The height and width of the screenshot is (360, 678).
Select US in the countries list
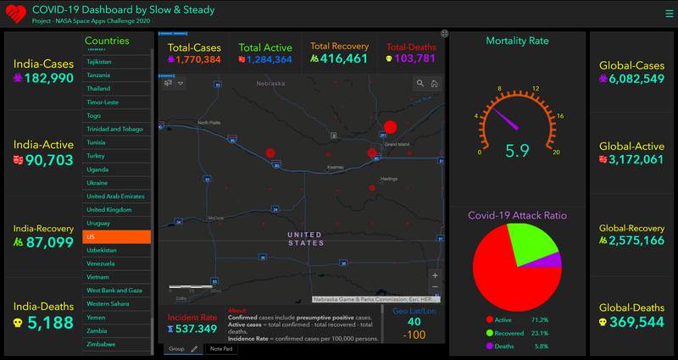tap(116, 236)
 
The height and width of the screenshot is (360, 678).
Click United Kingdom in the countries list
tap(116, 209)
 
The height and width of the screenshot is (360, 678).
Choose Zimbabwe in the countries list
tap(116, 345)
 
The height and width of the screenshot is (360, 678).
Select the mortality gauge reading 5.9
tap(517, 152)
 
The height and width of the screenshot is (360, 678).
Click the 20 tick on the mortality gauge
tap(556, 152)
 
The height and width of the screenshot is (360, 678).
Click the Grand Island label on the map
tap(397, 145)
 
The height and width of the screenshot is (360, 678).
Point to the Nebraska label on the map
tap(271, 84)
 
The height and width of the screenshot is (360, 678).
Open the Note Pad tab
tap(221, 348)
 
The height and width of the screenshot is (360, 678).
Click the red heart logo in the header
tap(14, 14)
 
